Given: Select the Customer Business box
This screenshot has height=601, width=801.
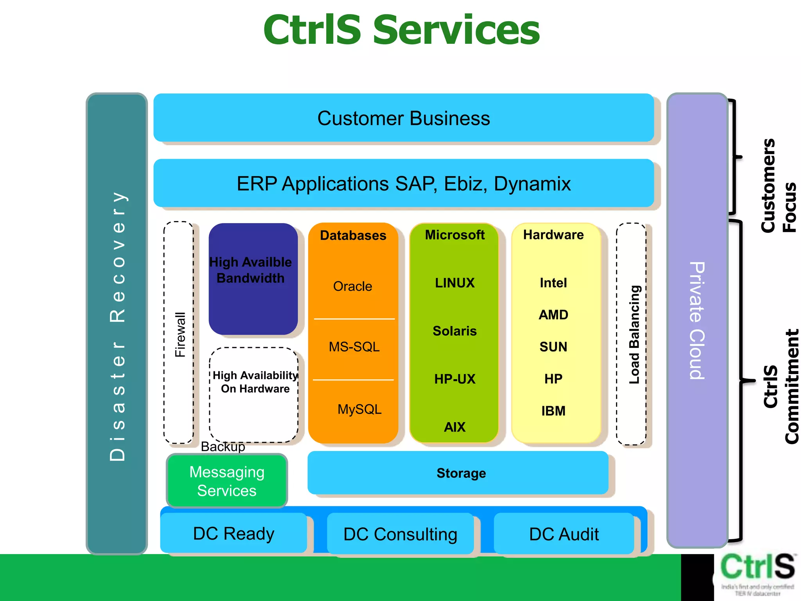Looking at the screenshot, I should click(403, 118).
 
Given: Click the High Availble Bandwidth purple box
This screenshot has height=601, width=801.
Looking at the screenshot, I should click(253, 279).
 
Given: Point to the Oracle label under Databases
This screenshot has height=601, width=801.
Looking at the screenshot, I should click(352, 286).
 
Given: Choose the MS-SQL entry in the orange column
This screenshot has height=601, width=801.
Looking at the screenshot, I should click(354, 347).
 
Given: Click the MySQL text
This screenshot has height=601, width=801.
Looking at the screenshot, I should click(359, 409).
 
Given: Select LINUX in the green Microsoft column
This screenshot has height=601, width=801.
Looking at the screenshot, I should click(454, 283).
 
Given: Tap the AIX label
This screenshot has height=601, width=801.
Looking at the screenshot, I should click(454, 427).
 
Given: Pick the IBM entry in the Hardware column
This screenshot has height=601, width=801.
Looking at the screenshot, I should click(553, 411).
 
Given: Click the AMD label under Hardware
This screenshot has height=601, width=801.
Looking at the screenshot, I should click(553, 315).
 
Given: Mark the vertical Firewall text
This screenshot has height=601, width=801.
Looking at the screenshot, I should click(180, 335).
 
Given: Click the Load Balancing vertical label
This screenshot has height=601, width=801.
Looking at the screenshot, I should click(634, 335).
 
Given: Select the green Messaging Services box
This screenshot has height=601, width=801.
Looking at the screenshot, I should click(227, 481).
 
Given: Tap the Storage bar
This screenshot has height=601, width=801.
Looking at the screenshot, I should click(461, 473).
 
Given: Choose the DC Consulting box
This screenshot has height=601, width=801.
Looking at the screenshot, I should click(400, 534).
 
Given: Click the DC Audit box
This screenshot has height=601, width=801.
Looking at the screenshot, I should click(564, 534).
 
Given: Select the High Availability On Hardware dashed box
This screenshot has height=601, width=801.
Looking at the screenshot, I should click(254, 395).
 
